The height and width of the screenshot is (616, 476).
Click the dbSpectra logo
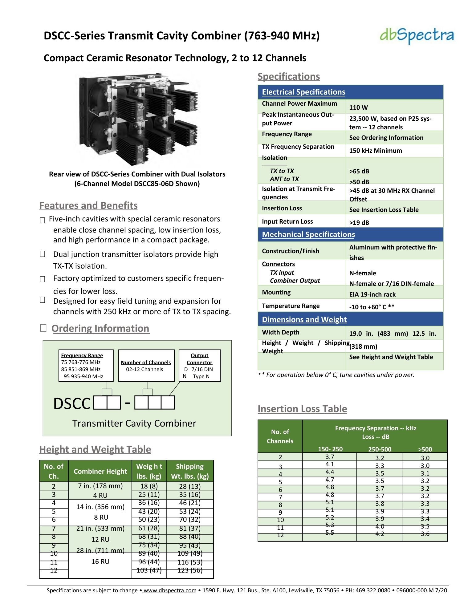417,36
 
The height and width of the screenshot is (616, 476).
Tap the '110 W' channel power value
358,107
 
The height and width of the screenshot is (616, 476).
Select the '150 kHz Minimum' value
375,151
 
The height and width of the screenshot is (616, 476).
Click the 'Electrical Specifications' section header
303,92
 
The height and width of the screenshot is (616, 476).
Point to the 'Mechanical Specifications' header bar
308,234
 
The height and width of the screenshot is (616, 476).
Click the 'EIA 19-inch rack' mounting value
372,294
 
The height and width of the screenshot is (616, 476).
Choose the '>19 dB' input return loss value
359,223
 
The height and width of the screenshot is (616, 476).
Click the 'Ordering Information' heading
100,328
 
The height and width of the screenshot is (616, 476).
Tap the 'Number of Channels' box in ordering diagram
146,366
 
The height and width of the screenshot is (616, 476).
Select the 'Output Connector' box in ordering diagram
200,366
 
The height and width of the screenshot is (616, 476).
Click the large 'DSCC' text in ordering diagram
72,403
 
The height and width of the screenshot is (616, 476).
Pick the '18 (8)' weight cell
149,486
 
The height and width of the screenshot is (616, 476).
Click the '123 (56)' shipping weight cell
190,570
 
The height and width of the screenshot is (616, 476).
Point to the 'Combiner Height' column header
100,471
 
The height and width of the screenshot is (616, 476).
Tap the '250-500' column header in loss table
380,449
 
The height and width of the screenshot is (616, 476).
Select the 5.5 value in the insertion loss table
330,533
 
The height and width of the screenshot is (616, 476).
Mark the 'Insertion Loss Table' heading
302,409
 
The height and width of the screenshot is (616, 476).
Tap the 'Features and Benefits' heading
88,205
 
